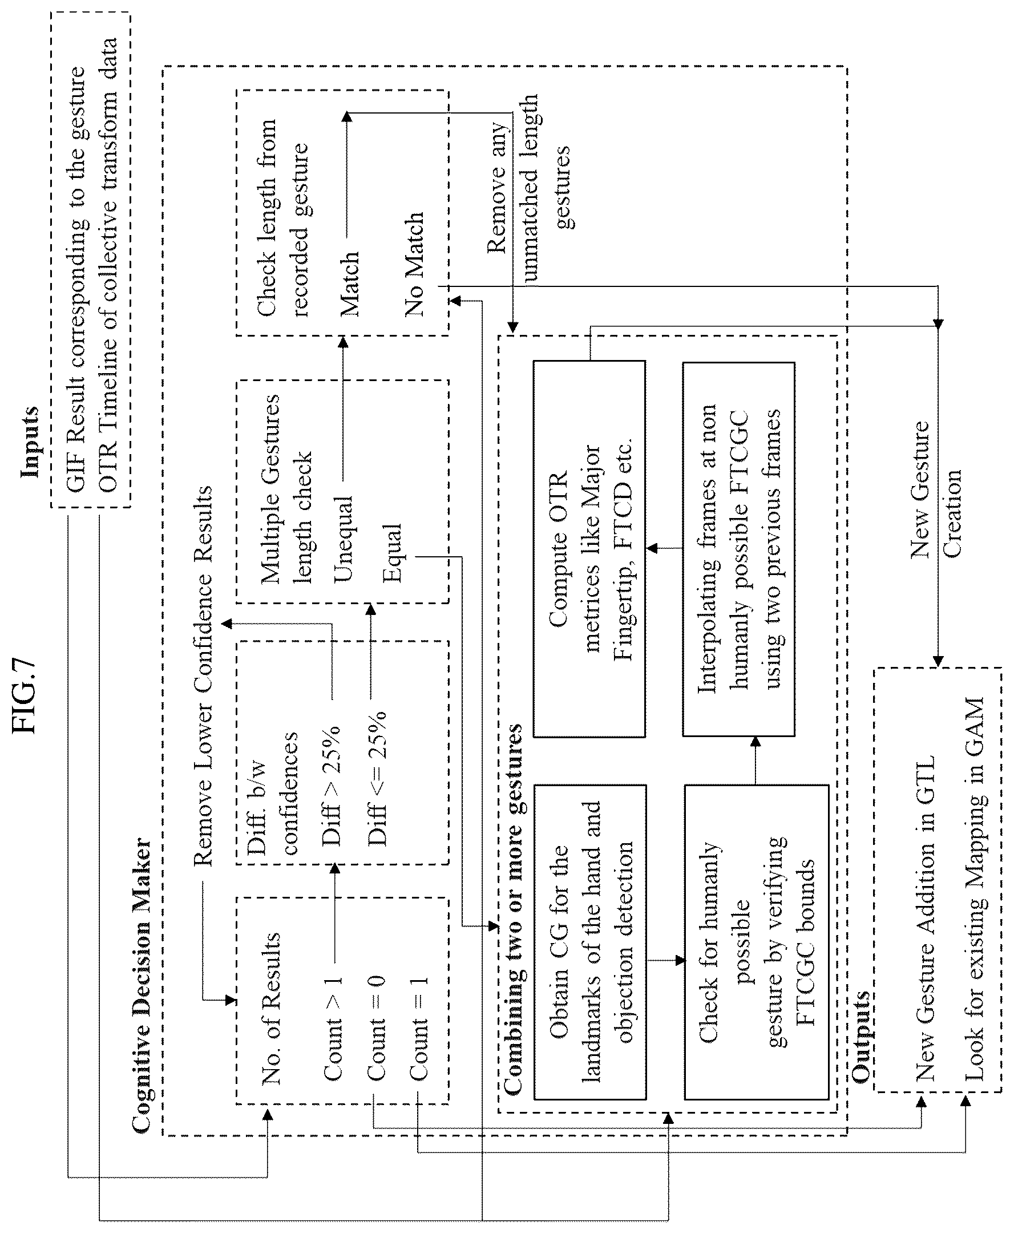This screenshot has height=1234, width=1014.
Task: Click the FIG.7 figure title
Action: (x=25, y=695)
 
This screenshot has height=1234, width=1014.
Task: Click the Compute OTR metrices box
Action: (x=589, y=549)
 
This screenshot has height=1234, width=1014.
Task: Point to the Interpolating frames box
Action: (x=739, y=549)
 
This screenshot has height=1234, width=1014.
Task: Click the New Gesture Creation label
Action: (x=936, y=488)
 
